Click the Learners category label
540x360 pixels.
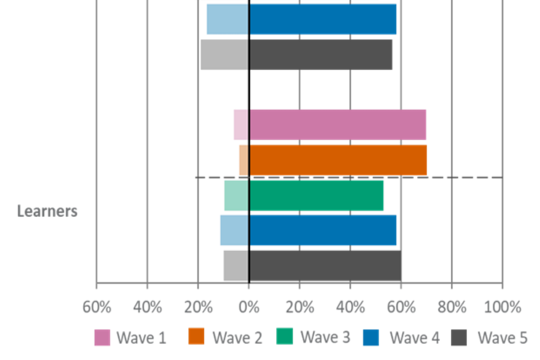tap(47, 211)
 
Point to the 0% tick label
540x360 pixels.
tap(249, 308)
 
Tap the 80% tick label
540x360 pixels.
tap(452, 308)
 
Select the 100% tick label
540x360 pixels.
tap(502, 308)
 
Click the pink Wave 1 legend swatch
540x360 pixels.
tap(102, 337)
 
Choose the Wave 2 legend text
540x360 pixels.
tap(237, 337)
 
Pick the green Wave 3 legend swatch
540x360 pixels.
tap(286, 337)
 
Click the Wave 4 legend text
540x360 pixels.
tap(415, 337)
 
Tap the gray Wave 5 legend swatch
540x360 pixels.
tap(460, 337)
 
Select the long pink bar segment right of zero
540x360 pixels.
tap(338, 124)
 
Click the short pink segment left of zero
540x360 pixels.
tap(241, 124)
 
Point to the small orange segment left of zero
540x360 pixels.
tap(243, 160)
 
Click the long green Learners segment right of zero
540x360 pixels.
tap(317, 195)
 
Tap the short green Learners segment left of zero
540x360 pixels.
tap(236, 195)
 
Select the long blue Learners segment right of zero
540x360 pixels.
tap(323, 230)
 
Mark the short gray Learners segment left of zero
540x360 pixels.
tap(235, 265)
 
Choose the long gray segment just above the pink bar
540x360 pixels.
tap(321, 55)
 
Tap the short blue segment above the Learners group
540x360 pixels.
tap(227, 20)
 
